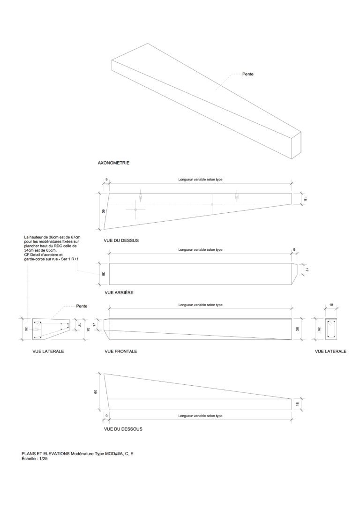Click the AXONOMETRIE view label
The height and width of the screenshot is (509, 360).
113,164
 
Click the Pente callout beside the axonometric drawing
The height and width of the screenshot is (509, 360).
248,75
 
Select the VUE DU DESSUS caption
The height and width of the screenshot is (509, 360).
121,240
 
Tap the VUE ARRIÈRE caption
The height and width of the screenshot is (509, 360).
120,292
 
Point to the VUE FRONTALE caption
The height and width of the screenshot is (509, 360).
121,351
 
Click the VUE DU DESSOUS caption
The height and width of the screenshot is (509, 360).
123,429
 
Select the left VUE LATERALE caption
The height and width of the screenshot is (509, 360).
48,351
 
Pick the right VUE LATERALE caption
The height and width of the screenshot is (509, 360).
331,351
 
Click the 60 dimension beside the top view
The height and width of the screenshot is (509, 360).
97,211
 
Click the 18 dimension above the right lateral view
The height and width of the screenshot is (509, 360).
331,305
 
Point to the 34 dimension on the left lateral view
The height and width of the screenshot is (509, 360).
88,329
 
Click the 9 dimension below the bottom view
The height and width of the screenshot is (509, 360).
106,416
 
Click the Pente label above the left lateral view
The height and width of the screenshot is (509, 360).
82,306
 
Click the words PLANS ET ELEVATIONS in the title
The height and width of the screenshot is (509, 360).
45,454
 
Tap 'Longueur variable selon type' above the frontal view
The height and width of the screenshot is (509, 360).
200,305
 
